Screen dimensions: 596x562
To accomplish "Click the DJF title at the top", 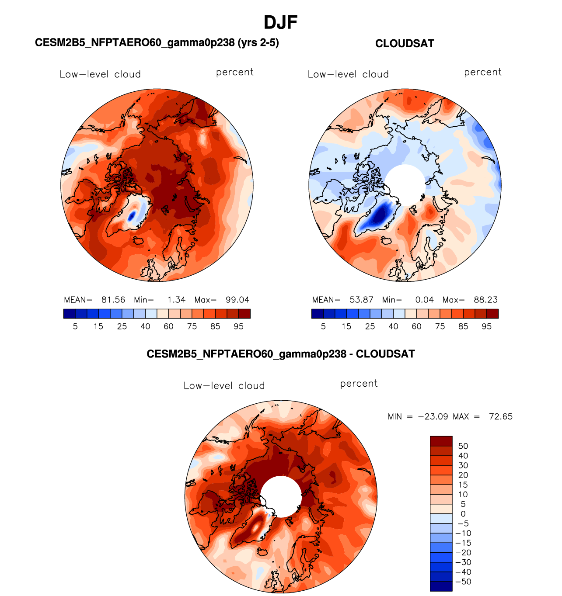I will pos(280,23).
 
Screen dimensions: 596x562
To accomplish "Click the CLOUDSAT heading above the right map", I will pos(405,44).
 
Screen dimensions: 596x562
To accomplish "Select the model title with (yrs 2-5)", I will pos(157,43).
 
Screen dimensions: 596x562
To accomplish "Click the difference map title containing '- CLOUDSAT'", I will pos(280,354).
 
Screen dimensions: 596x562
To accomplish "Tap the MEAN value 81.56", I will pos(113,300).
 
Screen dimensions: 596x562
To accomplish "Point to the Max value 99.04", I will pos(237,300).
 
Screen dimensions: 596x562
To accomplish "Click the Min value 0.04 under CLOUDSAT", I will pos(424,300).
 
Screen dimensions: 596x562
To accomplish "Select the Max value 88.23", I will pos(485,300).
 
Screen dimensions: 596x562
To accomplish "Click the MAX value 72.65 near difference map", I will pos(500,416).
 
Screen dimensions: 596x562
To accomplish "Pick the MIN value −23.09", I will pos(433,416).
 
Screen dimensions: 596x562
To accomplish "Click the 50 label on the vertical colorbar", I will pos(463,446).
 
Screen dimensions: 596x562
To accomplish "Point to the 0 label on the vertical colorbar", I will pos(463,514).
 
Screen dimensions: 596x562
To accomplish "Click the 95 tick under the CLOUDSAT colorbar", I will pos(486,326).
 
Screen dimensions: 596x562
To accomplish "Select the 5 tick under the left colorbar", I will pos(75,326).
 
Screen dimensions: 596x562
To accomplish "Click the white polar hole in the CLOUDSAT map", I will pos(405,183).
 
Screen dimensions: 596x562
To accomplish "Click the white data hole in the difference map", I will pos(281,496).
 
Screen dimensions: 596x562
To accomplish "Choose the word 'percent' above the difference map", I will pos(359,384).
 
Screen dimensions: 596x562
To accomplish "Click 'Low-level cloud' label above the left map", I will pos(100,74).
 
